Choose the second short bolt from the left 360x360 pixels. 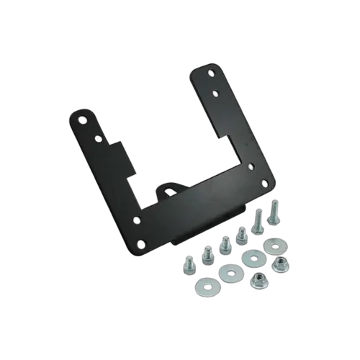208,254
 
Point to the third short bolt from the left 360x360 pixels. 224,245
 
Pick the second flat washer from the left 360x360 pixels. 231,273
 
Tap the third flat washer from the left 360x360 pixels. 253,257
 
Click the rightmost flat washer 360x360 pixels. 274,246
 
